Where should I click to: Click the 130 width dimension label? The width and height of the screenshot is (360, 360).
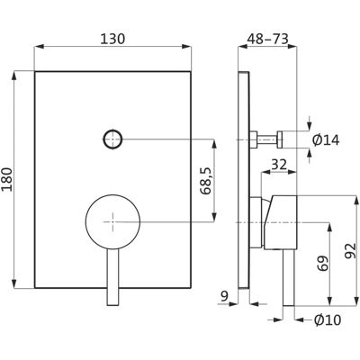[x=112, y=40]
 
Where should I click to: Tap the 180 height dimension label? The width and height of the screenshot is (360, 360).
[x=7, y=179]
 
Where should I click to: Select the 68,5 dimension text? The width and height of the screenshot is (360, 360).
[x=206, y=181]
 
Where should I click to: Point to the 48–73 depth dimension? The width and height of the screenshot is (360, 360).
[x=267, y=40]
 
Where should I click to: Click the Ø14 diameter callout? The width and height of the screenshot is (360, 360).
[x=326, y=140]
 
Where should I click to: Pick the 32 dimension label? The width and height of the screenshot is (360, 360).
[x=279, y=165]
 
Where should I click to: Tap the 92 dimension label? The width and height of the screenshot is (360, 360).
[x=350, y=250]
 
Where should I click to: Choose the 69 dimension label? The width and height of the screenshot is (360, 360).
[x=322, y=264]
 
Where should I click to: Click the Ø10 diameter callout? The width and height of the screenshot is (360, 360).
[x=328, y=320]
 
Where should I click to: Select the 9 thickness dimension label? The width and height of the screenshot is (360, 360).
[x=224, y=296]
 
